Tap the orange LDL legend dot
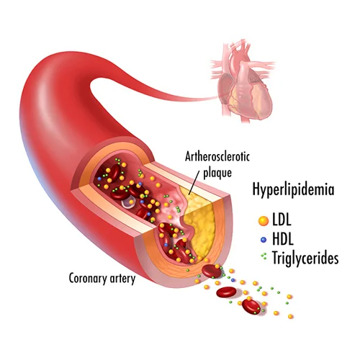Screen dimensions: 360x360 [264, 220]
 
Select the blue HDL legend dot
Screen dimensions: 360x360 [264, 240]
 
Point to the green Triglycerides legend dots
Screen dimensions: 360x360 [264, 256]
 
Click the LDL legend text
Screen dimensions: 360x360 [282, 220]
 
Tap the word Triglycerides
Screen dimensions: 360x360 [305, 258]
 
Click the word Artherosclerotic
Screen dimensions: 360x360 [217, 157]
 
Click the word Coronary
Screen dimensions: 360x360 [88, 279]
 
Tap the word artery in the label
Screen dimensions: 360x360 [122, 279]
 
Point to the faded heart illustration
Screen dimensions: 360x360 [243, 81]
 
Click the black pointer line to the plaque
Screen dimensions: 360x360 [194, 181]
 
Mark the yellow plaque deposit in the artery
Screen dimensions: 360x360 [199, 225]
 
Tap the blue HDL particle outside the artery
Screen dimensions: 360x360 [233, 280]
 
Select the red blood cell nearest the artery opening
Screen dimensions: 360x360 [212, 271]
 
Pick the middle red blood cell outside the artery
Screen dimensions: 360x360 [226, 292]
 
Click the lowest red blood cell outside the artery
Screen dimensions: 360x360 [251, 306]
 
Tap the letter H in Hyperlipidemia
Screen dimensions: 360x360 [256, 189]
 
